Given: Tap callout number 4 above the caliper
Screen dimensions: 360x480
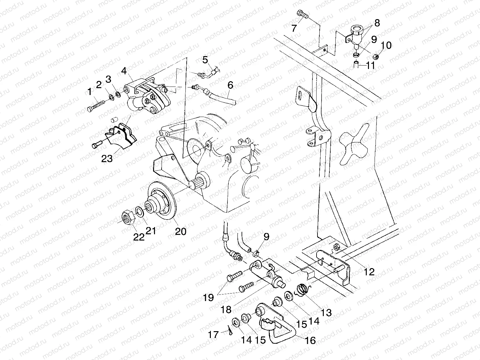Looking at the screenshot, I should point(124,71).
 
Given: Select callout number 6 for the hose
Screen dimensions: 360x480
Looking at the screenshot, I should point(230,85).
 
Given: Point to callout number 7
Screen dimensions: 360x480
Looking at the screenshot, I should point(294,28).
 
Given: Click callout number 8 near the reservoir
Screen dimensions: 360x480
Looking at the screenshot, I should point(377,23).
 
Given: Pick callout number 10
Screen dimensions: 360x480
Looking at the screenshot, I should point(387,45).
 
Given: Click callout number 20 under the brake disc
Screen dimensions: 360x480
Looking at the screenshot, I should point(181,231).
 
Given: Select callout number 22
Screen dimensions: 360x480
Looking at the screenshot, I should point(139,237).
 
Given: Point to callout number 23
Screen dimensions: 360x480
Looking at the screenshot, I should point(107,159).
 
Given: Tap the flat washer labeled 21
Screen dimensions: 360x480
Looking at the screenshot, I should point(139,212).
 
